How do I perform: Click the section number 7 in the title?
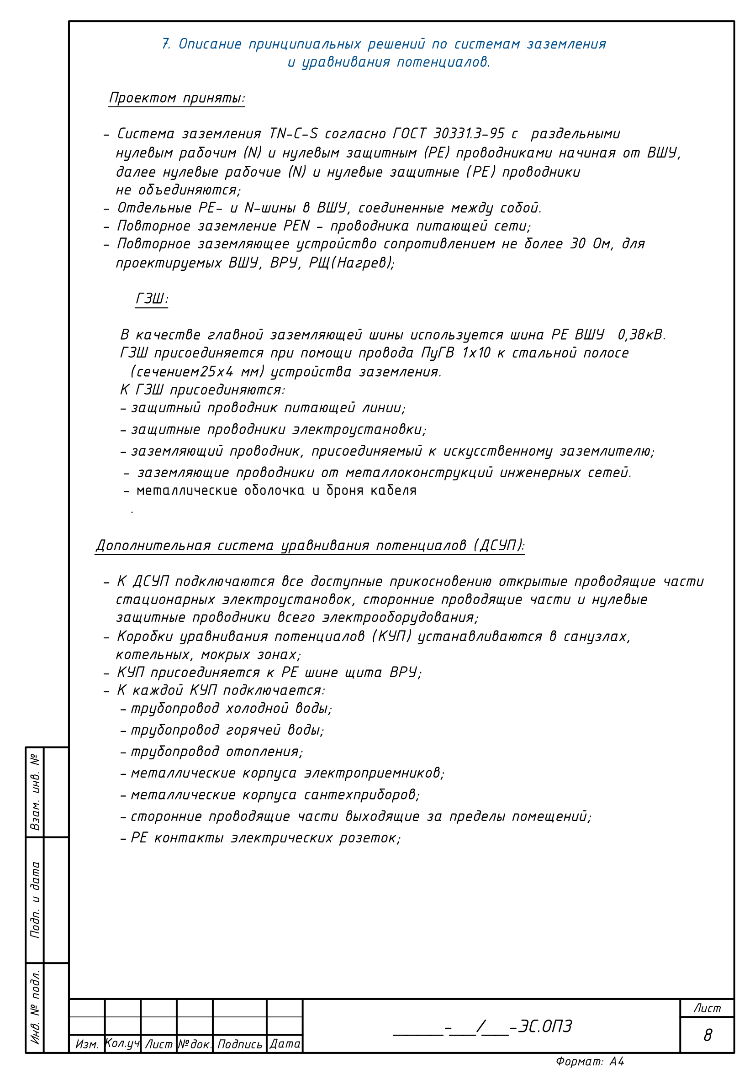pyautogui.click(x=166, y=44)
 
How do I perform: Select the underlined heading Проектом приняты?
pyautogui.click(x=176, y=98)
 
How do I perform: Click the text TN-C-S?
pyautogui.click(x=294, y=134)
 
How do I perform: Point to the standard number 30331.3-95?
pyautogui.click(x=469, y=134)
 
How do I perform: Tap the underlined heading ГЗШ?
pyautogui.click(x=152, y=299)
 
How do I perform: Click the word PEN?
pyautogui.click(x=296, y=226)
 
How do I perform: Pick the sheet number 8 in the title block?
pyautogui.click(x=707, y=1036)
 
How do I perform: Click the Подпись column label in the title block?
pyautogui.click(x=240, y=1044)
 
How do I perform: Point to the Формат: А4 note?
pyautogui.click(x=589, y=1062)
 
